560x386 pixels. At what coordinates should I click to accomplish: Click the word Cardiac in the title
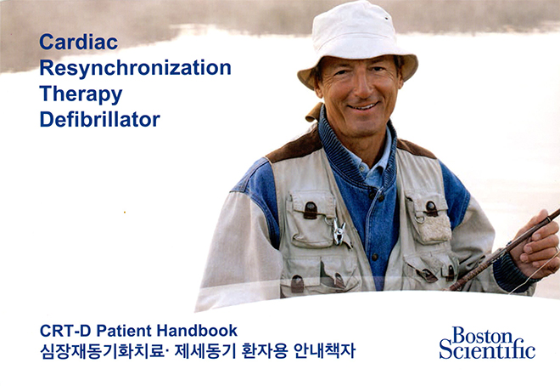click(79, 42)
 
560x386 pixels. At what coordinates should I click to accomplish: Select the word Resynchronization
click(136, 68)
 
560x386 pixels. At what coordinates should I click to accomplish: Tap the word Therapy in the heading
click(81, 94)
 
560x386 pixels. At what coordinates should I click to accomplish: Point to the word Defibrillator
click(99, 120)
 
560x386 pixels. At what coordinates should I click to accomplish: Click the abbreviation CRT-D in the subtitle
click(65, 331)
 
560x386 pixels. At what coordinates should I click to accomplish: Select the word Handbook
click(197, 330)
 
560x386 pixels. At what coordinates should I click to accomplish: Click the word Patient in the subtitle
click(124, 331)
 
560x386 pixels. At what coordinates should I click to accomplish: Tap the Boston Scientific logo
click(487, 343)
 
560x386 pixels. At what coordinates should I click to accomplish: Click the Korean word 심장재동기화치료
click(103, 351)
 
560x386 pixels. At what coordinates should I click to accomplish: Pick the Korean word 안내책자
click(324, 351)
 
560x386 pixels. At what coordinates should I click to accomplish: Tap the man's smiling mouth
click(363, 106)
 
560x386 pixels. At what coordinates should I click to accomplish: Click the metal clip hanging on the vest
click(339, 231)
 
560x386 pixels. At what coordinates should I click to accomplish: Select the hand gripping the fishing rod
click(535, 244)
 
